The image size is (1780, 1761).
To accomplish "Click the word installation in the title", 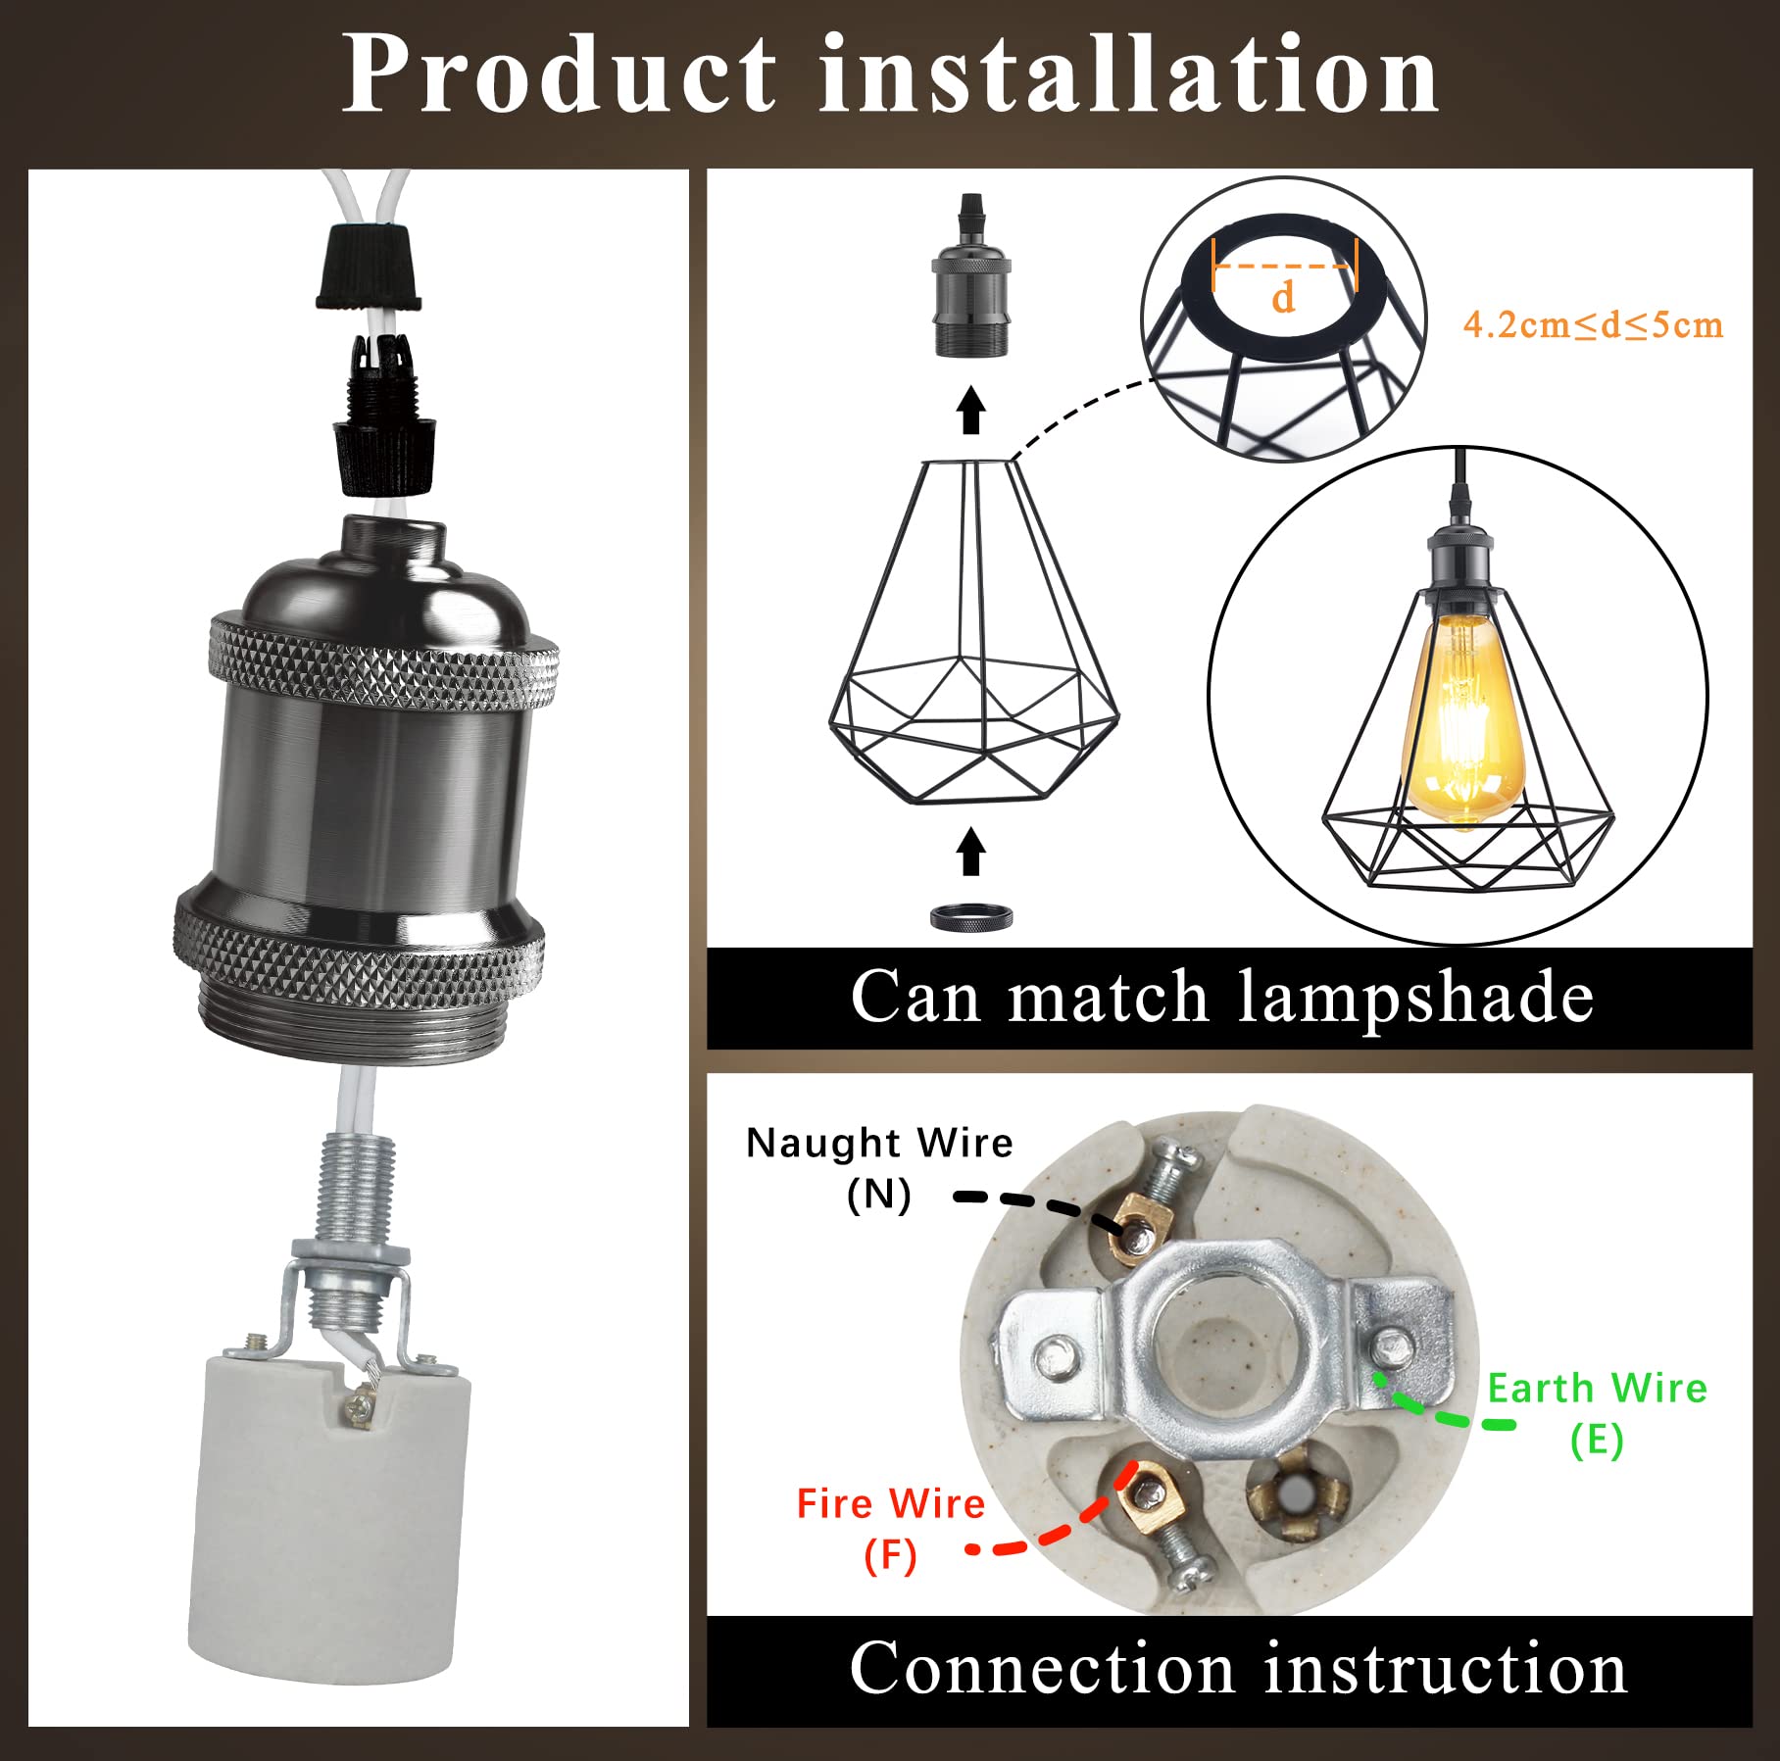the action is [1129, 74].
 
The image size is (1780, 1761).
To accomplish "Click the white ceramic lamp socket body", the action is [328, 1515].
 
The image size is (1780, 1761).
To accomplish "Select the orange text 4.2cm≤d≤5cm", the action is [1593, 324].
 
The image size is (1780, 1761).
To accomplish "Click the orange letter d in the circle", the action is [1283, 296].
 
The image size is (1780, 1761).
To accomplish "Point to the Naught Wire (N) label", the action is [879, 1168].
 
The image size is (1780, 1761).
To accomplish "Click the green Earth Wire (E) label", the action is [1598, 1413].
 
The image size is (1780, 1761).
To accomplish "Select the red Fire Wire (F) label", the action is [890, 1529].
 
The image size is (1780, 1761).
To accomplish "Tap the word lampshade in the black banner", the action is [1416, 997].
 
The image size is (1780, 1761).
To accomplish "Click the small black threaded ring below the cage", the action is [971, 918].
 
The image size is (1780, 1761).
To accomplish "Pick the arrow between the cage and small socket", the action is [970, 410].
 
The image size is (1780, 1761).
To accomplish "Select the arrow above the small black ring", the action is [970, 851].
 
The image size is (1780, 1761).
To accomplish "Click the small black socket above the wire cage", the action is [970, 275].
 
